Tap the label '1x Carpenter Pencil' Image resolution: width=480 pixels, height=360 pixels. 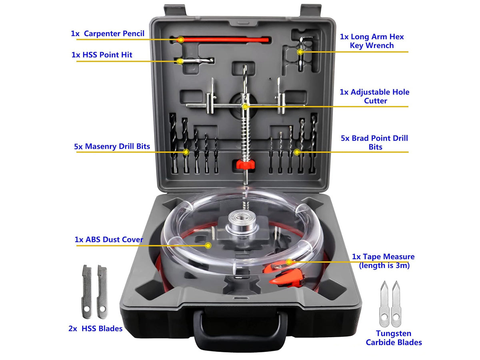tap(108, 34)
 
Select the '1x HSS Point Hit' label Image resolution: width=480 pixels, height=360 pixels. tap(102, 55)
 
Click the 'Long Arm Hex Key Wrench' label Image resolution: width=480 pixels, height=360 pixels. tap(372, 41)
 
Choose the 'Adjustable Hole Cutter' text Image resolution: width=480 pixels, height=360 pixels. tap(374, 96)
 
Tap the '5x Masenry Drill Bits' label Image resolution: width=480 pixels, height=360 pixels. tap(112, 146)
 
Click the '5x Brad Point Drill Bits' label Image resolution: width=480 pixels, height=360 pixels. tap(374, 142)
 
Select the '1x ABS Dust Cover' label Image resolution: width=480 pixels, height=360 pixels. tap(109, 240)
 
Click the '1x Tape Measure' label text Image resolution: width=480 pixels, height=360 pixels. tap(383, 260)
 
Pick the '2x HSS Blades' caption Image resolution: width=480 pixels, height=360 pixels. tap(95, 329)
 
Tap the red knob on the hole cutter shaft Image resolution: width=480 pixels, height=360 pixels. tap(245, 164)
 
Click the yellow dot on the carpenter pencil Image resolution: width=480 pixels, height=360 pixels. tap(181, 40)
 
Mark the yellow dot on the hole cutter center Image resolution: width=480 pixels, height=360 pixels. tap(245, 106)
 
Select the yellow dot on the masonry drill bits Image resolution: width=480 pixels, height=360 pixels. tap(186, 152)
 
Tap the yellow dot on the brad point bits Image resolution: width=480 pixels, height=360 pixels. tap(296, 152)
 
